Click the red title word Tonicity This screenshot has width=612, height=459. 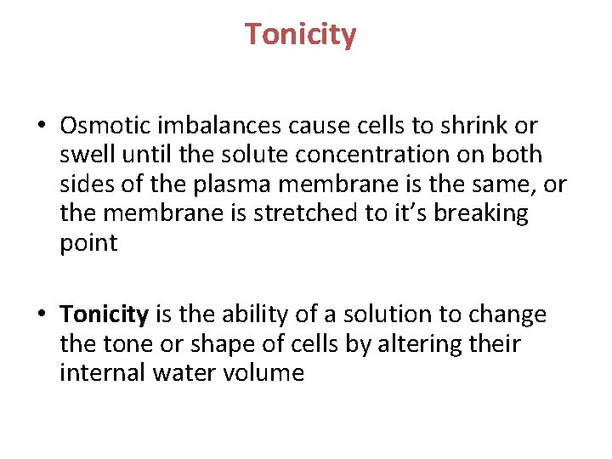point(301,35)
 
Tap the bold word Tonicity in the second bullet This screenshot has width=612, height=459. point(105,314)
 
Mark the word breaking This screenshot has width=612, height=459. point(481,213)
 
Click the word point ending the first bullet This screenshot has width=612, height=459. point(88,243)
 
